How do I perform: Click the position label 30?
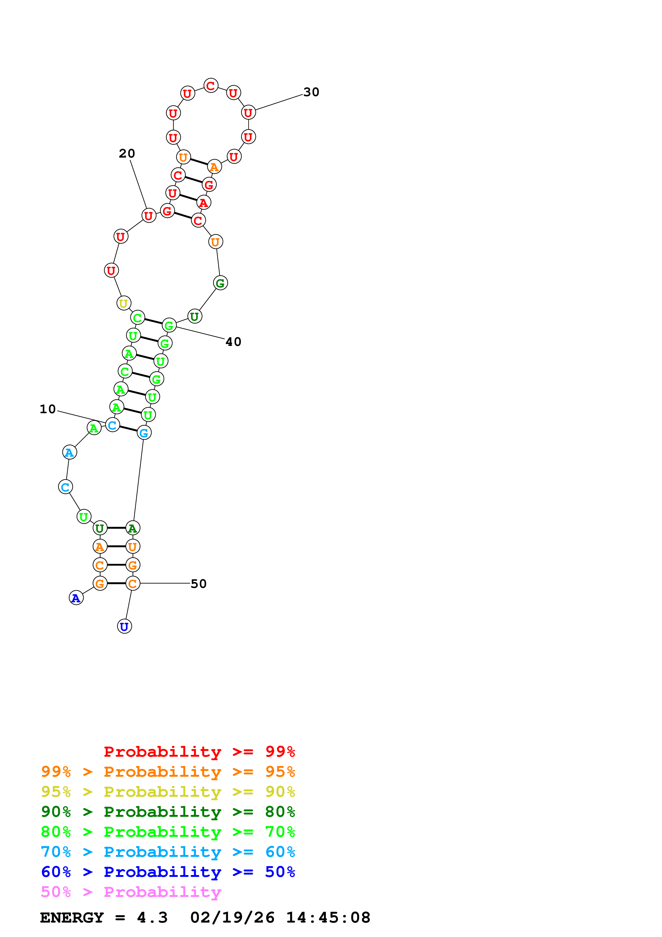(x=311, y=92)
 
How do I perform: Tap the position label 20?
(x=127, y=153)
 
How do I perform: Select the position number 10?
(x=48, y=409)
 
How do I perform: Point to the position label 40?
(x=233, y=342)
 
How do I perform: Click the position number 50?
(x=199, y=584)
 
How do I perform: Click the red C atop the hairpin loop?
(x=210, y=86)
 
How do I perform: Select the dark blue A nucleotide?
(x=76, y=598)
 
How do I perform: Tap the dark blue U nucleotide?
(x=124, y=626)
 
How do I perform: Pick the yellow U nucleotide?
(x=124, y=303)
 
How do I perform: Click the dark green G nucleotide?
(x=220, y=283)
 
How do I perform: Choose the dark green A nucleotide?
(x=132, y=528)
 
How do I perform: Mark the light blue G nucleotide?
(x=144, y=433)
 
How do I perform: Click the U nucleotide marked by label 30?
(x=248, y=113)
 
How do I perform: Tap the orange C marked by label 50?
(x=132, y=584)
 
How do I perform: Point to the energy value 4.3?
(x=152, y=918)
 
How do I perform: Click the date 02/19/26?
(x=232, y=918)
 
